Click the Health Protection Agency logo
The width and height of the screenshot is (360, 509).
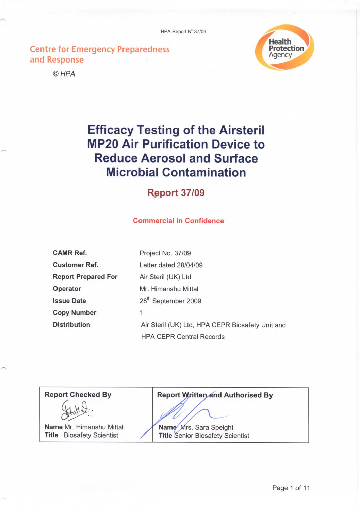click(x=284, y=48)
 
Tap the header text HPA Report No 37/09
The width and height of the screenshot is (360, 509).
click(x=184, y=31)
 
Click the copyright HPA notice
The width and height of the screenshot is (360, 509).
click(x=64, y=74)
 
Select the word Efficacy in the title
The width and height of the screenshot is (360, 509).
click(x=110, y=130)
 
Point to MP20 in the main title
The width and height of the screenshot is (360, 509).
click(x=102, y=144)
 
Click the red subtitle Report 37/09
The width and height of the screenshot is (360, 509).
click(x=176, y=193)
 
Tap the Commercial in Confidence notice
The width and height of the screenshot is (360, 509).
click(x=178, y=221)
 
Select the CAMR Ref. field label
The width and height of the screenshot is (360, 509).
click(x=70, y=253)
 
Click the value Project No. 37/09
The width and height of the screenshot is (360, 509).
click(x=165, y=253)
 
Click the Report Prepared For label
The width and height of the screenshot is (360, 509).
click(x=85, y=277)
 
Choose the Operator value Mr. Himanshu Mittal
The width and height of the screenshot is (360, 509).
click(x=169, y=289)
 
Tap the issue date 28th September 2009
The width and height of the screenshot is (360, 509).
click(x=170, y=301)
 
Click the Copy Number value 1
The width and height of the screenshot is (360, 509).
click(x=141, y=313)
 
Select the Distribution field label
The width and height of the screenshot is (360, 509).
click(x=71, y=325)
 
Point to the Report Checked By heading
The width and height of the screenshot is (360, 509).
click(x=78, y=395)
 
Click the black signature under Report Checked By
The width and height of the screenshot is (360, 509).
click(x=75, y=410)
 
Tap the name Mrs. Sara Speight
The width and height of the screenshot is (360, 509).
click(x=207, y=427)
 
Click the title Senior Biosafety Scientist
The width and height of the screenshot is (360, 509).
click(x=212, y=436)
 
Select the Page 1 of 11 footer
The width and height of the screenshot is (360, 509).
click(x=291, y=488)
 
